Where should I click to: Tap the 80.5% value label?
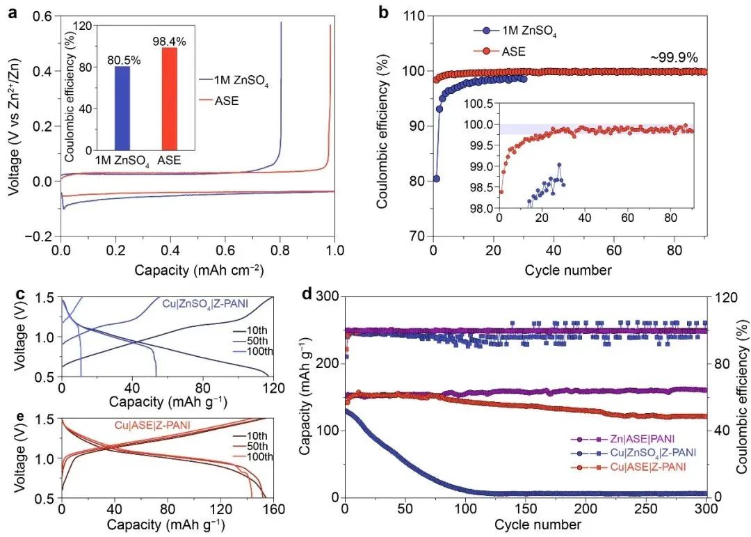(124, 61)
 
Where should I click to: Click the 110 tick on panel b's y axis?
(414, 15)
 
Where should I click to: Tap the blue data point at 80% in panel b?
(436, 179)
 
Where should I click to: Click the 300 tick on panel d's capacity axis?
(325, 297)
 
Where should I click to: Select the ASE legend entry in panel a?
(228, 101)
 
